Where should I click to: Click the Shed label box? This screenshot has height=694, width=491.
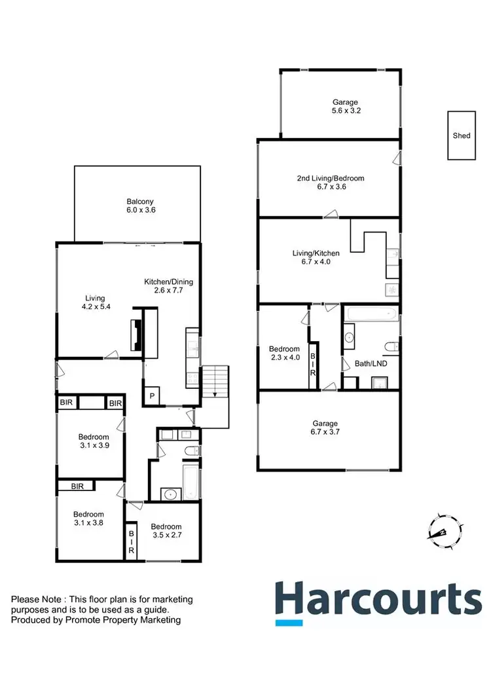462,136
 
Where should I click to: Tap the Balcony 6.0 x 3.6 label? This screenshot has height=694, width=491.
141,206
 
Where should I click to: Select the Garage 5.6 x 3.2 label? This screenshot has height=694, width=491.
344,107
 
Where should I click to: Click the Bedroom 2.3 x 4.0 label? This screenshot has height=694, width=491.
284,354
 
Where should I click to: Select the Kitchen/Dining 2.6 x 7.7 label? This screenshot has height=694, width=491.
168,286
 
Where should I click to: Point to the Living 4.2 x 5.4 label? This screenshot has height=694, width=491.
94,302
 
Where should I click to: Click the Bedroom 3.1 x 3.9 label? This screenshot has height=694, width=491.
94,441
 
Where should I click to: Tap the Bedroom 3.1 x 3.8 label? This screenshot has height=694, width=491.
88,519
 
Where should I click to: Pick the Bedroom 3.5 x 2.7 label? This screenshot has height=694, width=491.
166,531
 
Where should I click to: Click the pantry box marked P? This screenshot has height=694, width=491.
152,396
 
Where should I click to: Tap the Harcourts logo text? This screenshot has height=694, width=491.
378,600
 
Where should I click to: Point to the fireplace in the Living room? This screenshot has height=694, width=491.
136,335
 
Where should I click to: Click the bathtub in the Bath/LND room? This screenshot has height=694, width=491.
371,313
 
